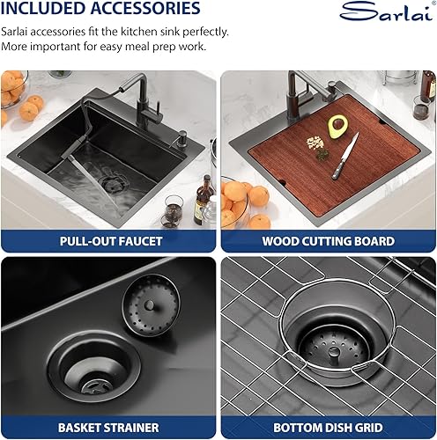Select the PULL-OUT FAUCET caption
(108, 240)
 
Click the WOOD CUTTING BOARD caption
(328, 240)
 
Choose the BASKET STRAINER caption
(108, 428)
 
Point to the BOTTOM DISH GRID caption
(328, 428)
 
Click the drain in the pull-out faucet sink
(114, 182)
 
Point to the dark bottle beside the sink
(202, 195)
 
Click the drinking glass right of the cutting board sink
(421, 107)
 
